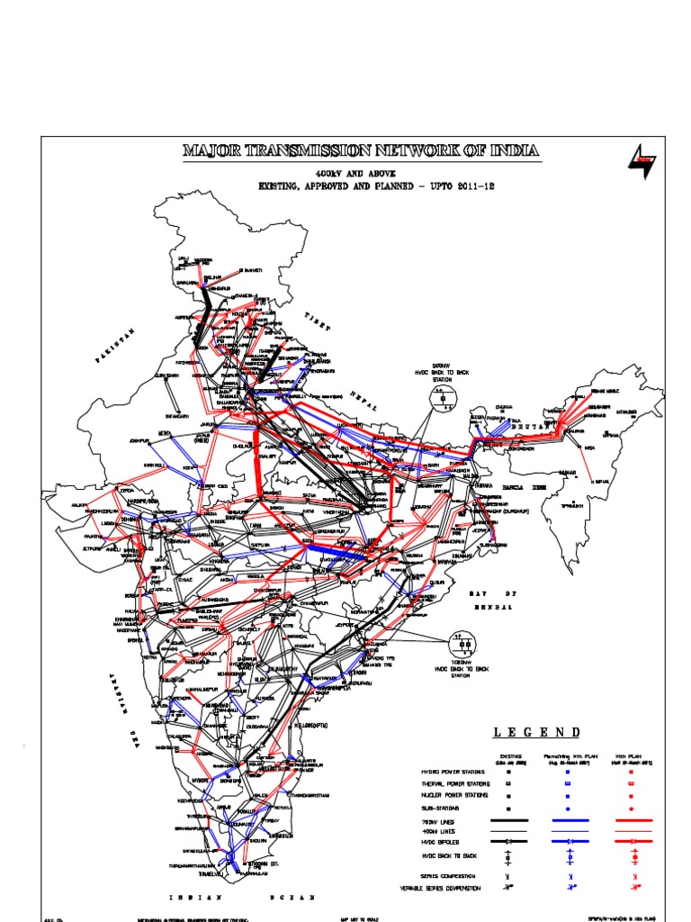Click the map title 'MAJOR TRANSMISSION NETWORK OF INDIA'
pyautogui.click(x=361, y=150)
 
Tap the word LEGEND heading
pyautogui.click(x=537, y=732)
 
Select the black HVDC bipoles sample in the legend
pyautogui.click(x=508, y=840)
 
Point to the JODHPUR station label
pyautogui.click(x=137, y=440)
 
